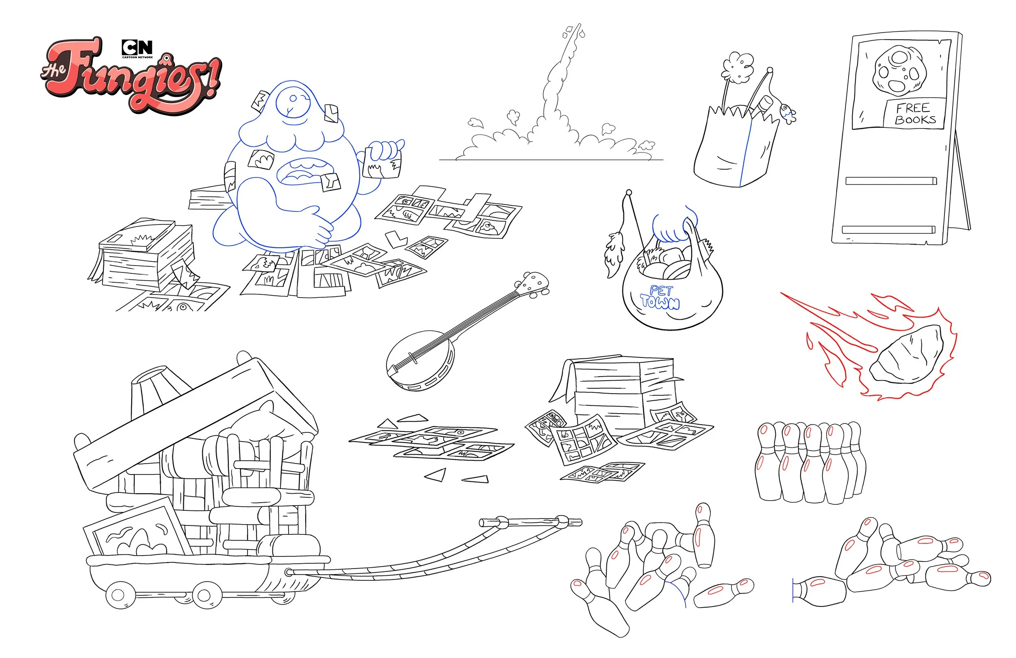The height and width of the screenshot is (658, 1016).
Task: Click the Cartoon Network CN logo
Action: pyautogui.click(x=137, y=48)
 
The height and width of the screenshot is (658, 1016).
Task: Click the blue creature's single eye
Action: pyautogui.click(x=293, y=99)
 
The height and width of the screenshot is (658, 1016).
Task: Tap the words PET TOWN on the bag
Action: pyautogui.click(x=660, y=297)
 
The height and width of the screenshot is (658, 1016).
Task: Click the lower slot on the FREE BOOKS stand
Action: pyautogui.click(x=888, y=229)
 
